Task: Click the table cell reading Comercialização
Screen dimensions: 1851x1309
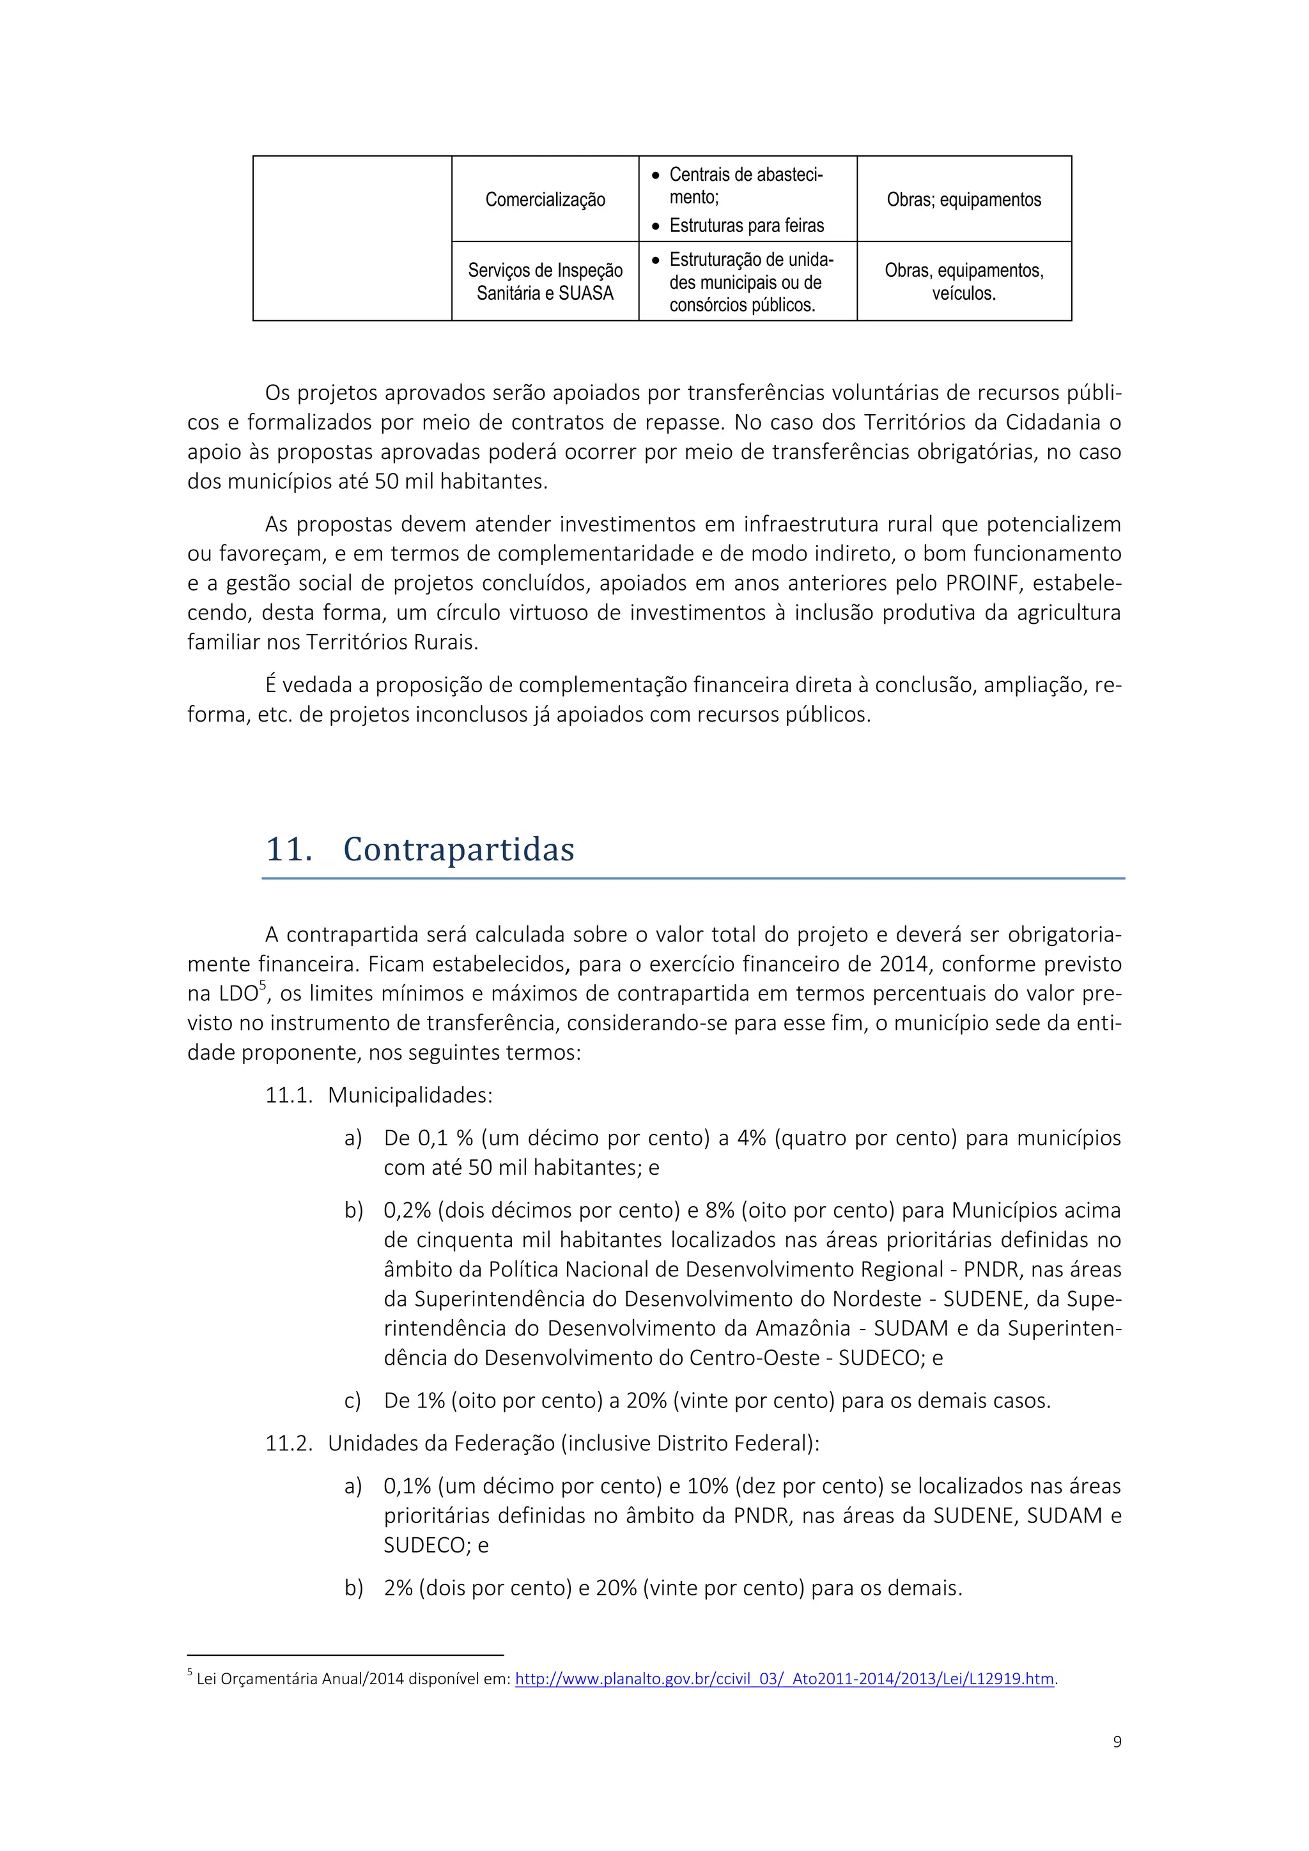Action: click(545, 200)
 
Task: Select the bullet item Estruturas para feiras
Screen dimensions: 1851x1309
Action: click(747, 226)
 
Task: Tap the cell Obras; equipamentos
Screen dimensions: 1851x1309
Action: click(963, 200)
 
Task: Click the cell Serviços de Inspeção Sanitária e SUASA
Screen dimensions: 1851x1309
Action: click(545, 281)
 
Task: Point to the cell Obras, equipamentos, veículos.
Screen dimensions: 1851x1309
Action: click(963, 281)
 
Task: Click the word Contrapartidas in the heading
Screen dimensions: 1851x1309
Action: click(459, 849)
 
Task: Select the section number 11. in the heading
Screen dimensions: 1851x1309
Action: click(288, 849)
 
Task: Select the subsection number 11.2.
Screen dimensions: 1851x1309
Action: click(288, 1443)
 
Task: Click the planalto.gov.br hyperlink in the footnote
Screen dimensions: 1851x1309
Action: click(784, 1679)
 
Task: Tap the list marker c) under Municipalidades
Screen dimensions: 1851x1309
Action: click(352, 1401)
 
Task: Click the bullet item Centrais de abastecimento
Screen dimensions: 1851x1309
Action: click(746, 185)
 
